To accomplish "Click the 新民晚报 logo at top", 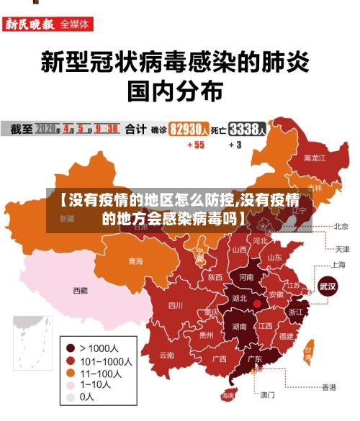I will point(30,24).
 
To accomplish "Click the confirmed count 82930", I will point(189,130).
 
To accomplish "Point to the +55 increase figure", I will point(195,145).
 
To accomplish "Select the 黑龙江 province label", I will point(315,157).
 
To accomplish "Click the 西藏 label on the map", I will point(80,291).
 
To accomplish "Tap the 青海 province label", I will point(135,261).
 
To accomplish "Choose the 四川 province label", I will point(176,305).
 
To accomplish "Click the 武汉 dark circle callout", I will point(328,286).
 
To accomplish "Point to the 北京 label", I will point(341,226).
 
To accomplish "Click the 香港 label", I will point(328,387).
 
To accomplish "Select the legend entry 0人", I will point(86,397).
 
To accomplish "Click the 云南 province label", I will point(167,355).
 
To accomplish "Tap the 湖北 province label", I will point(239,298).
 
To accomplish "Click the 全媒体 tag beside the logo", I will point(76,24).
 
